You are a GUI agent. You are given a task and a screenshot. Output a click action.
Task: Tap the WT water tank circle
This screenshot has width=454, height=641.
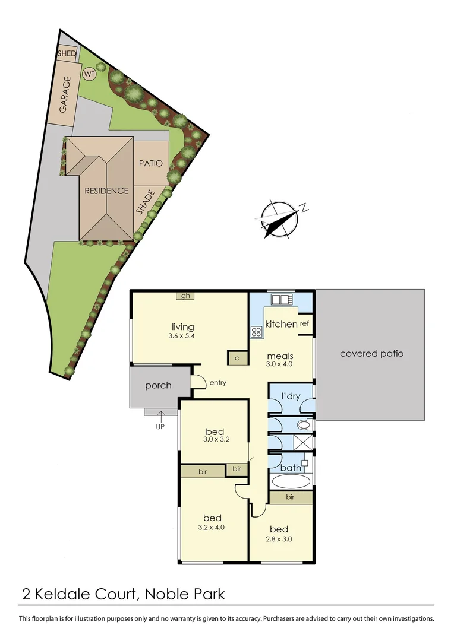coord(89,75)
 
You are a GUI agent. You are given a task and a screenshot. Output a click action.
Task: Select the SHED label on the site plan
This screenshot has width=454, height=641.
coord(67,53)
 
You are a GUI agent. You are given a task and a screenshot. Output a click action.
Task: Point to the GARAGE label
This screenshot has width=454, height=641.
coord(65,94)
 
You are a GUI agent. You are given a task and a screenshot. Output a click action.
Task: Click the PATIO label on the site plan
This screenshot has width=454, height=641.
coord(150,163)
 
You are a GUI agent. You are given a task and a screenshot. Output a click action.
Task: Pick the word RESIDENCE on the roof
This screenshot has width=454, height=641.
coord(106,191)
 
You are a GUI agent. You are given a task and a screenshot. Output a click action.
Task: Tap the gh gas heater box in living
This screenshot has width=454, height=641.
coord(185,296)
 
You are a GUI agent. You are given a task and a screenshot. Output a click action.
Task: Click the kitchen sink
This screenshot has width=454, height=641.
coord(279,299)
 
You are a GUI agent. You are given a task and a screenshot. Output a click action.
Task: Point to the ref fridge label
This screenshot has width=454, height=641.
coord(304,323)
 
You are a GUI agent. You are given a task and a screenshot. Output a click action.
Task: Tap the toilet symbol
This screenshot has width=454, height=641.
coord(304,425)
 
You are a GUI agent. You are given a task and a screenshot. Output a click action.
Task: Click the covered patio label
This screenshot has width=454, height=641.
coord(371,353)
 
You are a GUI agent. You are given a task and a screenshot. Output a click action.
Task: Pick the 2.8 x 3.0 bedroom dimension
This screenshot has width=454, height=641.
coord(279,540)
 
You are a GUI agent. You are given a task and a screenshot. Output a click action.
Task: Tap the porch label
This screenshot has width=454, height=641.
coord(158,385)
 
